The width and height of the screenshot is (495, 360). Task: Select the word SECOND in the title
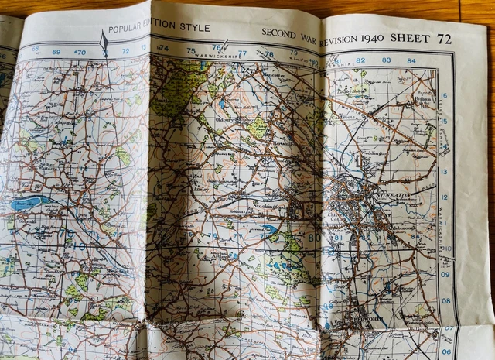(x=278, y=33)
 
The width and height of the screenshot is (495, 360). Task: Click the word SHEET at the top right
(x=411, y=38)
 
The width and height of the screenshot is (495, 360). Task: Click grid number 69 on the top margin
(x=56, y=52)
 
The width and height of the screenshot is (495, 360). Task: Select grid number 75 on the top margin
(x=191, y=51)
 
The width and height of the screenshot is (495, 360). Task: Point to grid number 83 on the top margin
(x=386, y=60)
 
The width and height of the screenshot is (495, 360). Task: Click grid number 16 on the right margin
(x=444, y=96)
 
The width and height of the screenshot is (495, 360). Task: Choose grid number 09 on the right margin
(x=446, y=274)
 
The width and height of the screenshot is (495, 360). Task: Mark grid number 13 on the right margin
(x=443, y=172)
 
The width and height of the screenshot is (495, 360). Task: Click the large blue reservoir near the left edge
(x=31, y=204)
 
